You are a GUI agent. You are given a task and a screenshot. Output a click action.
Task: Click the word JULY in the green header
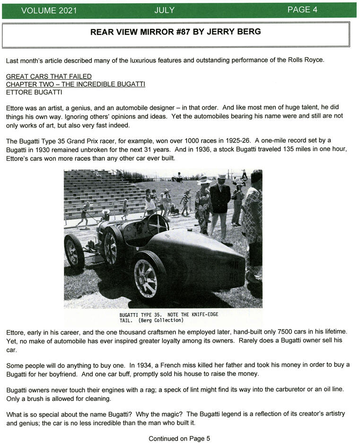164,10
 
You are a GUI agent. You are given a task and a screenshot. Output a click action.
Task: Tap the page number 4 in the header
315,10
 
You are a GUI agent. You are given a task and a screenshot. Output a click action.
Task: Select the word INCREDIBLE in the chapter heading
93,84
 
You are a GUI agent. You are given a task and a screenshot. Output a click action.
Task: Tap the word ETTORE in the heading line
18,92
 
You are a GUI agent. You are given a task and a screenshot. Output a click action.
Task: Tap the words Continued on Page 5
179,438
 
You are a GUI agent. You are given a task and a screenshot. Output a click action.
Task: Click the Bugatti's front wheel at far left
74,251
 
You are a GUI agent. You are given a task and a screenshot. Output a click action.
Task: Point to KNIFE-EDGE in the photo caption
202,314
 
